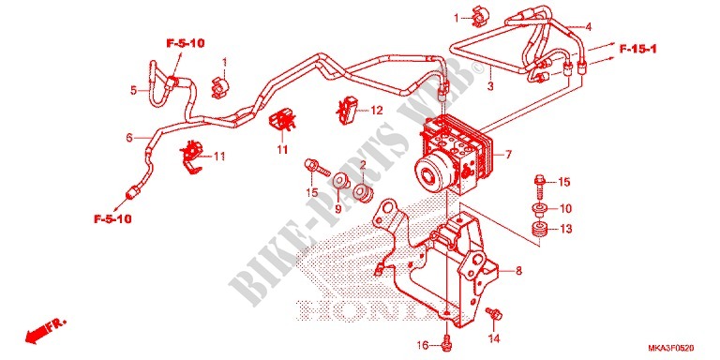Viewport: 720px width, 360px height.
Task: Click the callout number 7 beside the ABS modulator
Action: (508, 155)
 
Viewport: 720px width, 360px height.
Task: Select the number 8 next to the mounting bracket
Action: (518, 271)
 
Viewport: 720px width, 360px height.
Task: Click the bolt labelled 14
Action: (496, 314)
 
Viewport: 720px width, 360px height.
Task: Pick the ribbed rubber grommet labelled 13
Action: (540, 229)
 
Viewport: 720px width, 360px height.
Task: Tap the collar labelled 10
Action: (540, 209)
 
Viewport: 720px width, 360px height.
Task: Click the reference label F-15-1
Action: (637, 49)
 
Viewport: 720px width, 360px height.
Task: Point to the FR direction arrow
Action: (45, 329)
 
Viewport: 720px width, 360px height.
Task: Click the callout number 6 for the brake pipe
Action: (129, 137)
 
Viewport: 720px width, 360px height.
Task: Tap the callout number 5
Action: (133, 90)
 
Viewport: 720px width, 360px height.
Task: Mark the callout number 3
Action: (490, 86)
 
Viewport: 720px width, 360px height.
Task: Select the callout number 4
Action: (588, 26)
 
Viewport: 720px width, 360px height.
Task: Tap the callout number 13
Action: (566, 229)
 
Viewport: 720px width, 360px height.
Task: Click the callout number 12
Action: (377, 111)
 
